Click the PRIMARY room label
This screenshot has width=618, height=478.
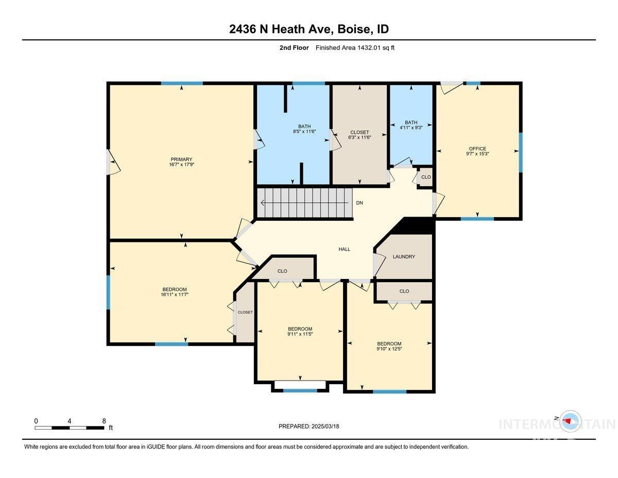181,159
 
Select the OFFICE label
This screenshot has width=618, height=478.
477,149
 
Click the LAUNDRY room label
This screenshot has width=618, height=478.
404,257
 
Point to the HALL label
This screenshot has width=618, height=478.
344,249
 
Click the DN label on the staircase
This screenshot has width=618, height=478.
359,203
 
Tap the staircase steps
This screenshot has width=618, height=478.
304,203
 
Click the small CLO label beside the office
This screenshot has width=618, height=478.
426,177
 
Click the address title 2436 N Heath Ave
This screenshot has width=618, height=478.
280,29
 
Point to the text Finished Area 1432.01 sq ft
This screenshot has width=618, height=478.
355,48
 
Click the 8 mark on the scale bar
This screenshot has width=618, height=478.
104,421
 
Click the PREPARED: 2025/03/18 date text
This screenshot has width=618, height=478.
308,426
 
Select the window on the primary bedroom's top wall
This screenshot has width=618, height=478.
181,83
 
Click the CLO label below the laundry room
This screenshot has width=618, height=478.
404,291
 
